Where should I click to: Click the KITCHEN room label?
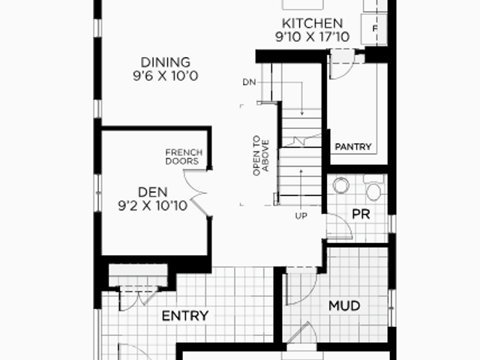(312, 23)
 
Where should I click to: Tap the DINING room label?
(165, 62)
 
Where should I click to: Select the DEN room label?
(153, 192)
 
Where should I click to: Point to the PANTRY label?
(353, 147)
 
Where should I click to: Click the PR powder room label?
(361, 214)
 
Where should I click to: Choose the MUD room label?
(344, 306)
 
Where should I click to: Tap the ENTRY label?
(185, 316)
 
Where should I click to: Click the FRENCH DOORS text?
(184, 157)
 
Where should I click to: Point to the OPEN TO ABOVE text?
(261, 155)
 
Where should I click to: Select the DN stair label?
(249, 82)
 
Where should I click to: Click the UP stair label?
(301, 216)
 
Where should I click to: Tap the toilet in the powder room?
(373, 187)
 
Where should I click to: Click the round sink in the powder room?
(341, 185)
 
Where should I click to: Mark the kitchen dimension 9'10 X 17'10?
(312, 37)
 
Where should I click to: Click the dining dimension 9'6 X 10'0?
(166, 76)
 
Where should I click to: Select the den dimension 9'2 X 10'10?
(153, 205)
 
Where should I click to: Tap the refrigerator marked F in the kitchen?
(374, 29)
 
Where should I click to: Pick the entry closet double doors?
(138, 298)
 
